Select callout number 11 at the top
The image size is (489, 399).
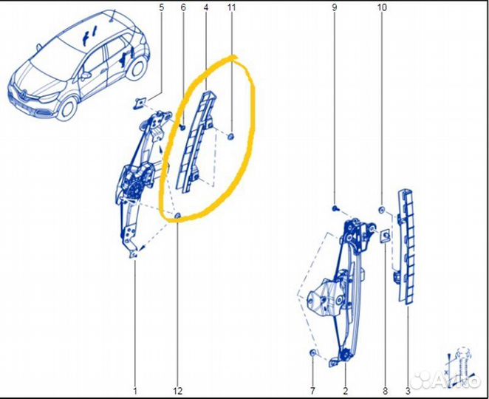click(x=231, y=8)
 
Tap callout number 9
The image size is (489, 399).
click(x=334, y=8)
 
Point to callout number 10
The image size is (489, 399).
click(x=381, y=8)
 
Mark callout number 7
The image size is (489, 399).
click(x=312, y=389)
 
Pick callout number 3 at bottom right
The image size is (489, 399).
click(x=408, y=389)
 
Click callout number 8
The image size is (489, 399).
click(x=385, y=389)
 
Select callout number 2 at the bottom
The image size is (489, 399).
click(x=345, y=389)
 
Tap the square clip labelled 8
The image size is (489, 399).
click(x=385, y=236)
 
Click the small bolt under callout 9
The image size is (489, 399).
click(x=335, y=210)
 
